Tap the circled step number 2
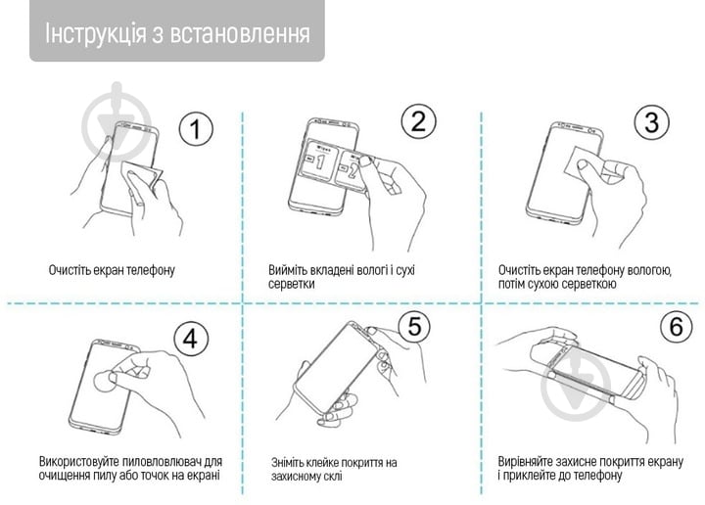pyautogui.click(x=418, y=121)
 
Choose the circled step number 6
pyautogui.click(x=675, y=327)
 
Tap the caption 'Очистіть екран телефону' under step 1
pyautogui.click(x=112, y=269)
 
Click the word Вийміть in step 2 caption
pyautogui.click(x=291, y=269)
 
